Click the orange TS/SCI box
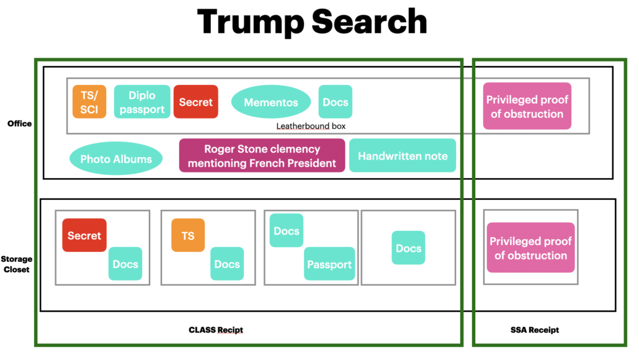point(89,102)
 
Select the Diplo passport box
point(142,102)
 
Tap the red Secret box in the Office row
point(196,102)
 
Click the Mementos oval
point(271,102)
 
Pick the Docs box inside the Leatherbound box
point(336,102)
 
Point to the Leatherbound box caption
point(311,126)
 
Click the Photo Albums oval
point(116,159)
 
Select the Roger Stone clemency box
point(262,156)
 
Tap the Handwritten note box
point(403,156)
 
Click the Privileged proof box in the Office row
point(527,107)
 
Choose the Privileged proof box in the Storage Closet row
point(530,248)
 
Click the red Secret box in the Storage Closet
point(84,235)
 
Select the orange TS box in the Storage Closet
point(188,235)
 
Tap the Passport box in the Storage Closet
point(329,264)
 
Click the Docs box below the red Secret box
point(125,264)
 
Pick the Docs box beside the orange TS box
point(227,264)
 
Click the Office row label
point(19,124)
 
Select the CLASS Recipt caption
point(215,330)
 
